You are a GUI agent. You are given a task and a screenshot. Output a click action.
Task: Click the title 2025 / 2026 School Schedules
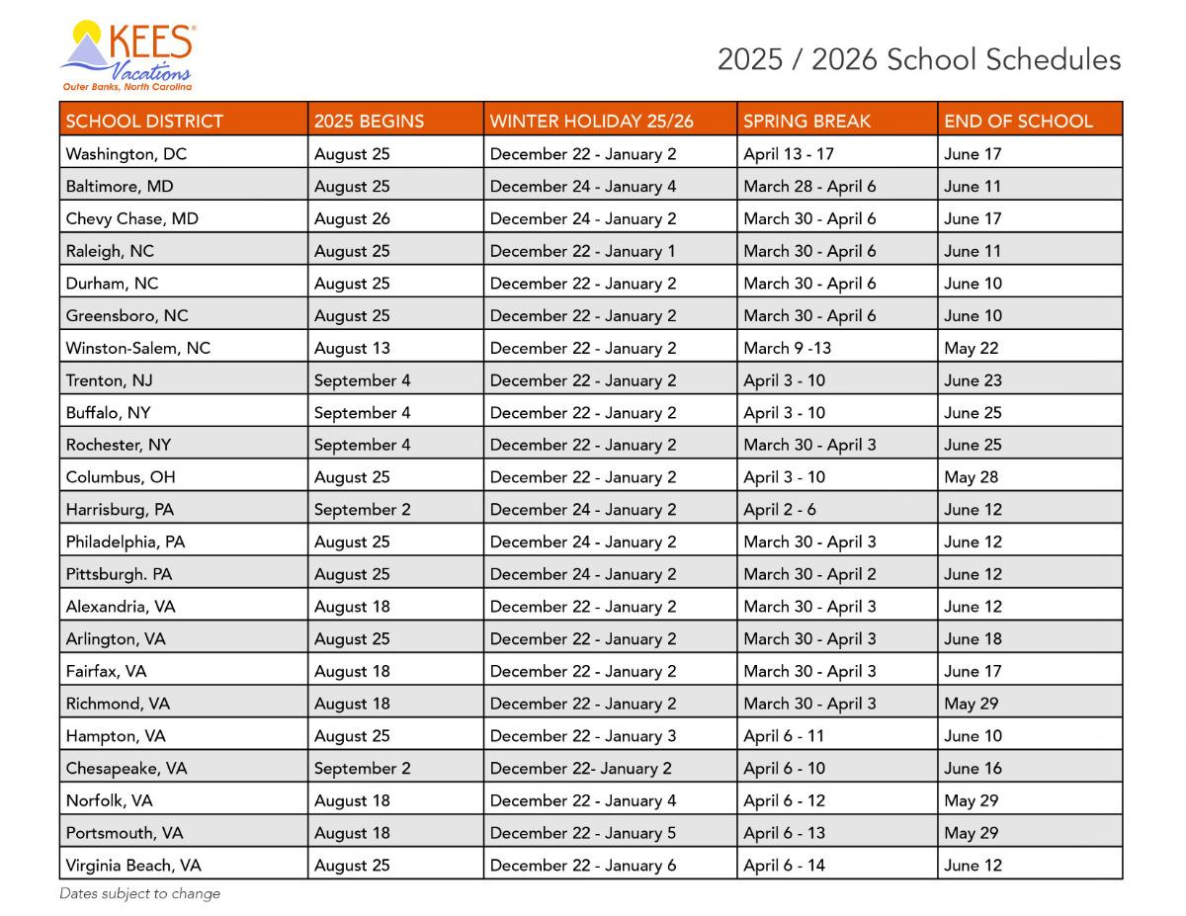(x=919, y=59)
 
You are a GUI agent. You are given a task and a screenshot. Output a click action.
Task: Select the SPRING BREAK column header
(x=806, y=122)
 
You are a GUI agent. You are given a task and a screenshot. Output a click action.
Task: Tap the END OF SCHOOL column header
(x=1018, y=122)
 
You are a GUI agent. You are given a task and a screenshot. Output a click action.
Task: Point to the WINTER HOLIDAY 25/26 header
(x=591, y=122)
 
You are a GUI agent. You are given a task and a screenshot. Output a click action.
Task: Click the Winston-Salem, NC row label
(x=137, y=348)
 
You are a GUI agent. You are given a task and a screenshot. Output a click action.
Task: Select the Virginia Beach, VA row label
(x=132, y=866)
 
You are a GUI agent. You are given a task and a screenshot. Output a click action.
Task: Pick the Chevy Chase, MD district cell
(x=131, y=218)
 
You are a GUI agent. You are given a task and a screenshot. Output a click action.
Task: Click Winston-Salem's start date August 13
(x=352, y=348)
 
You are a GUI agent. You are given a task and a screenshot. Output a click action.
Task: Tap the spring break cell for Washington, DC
(x=789, y=154)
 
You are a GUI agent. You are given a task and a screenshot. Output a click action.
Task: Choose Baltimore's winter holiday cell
(x=583, y=186)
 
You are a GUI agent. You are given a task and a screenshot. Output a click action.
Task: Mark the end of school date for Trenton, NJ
(x=973, y=380)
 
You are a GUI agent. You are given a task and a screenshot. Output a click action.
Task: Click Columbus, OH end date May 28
(x=971, y=477)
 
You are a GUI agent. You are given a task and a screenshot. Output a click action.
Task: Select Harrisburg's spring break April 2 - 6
(x=779, y=510)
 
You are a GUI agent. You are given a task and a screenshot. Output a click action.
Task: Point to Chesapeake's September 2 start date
(x=362, y=768)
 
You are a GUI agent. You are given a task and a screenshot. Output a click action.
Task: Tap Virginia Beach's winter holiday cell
(x=583, y=866)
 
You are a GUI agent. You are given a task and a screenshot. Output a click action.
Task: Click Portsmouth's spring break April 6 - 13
(x=784, y=833)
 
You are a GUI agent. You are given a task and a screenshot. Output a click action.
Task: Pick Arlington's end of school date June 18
(x=973, y=638)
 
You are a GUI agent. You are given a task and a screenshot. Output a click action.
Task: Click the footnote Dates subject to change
(x=139, y=893)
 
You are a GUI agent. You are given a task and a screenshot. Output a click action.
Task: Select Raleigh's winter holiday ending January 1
(x=583, y=251)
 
